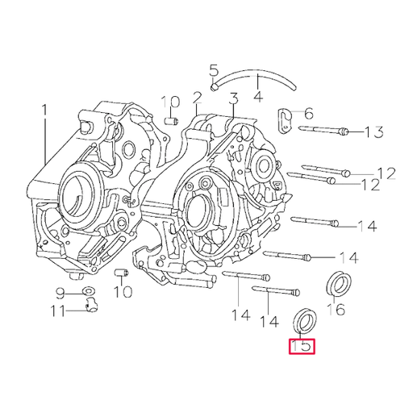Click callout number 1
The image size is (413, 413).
point(45,109)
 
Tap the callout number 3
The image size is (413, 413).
point(233,99)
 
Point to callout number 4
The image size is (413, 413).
point(258,98)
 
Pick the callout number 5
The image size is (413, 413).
point(214,69)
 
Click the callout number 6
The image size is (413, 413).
point(308,115)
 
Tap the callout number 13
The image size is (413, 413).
point(373,132)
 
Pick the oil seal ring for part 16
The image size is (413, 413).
point(338,283)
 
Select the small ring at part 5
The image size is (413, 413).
point(214,83)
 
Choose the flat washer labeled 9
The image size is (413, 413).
point(87,290)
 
